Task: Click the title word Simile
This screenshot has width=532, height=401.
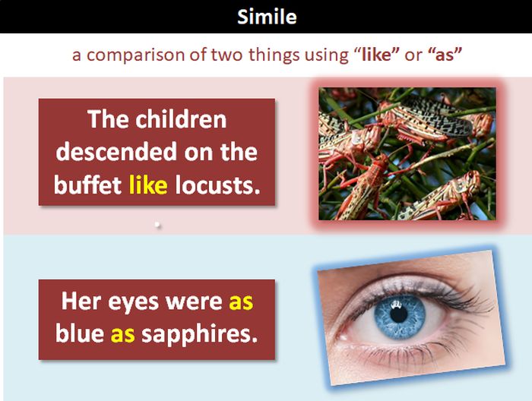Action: (267, 16)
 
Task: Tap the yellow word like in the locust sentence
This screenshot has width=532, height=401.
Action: (148, 185)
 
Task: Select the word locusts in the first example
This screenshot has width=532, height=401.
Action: (217, 185)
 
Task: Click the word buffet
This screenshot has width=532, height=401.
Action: (87, 185)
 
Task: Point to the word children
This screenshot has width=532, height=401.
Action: (181, 119)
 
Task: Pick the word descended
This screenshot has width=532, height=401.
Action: (116, 152)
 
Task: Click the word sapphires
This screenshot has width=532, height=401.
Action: (199, 335)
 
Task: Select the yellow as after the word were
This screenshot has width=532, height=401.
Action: (241, 302)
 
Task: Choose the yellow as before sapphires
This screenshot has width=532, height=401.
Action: (123, 334)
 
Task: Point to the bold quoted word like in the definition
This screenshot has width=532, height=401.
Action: (376, 54)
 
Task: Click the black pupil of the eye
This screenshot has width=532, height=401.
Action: (399, 314)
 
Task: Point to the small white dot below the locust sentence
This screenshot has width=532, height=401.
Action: (157, 224)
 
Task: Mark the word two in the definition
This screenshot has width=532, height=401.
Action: (226, 55)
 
